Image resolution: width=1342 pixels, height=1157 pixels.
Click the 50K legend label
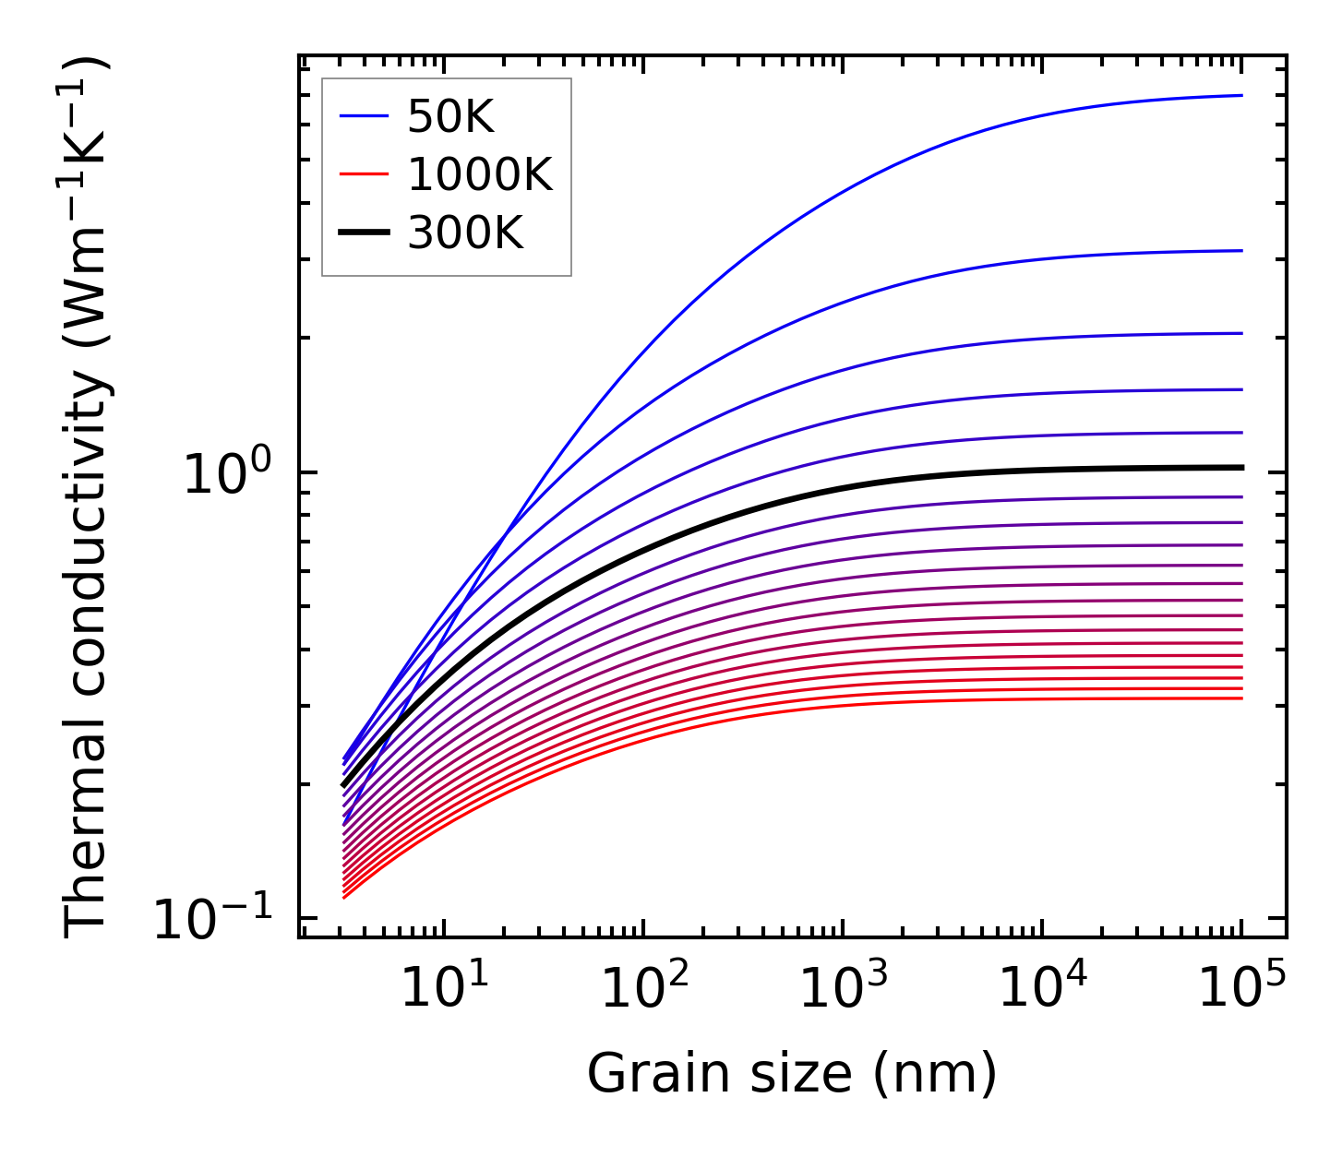click(x=450, y=117)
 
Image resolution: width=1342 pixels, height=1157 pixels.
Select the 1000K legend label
click(x=480, y=175)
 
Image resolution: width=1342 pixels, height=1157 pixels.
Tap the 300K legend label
click(x=465, y=234)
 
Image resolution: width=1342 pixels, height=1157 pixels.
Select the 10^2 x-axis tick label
click(x=643, y=989)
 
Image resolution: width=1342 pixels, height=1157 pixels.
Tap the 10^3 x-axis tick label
click(x=843, y=989)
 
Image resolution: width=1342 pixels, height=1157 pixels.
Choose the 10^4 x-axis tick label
click(x=1042, y=989)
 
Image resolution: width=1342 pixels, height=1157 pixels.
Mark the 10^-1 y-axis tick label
click(x=214, y=919)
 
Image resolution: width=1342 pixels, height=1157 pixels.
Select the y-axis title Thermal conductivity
click(x=88, y=496)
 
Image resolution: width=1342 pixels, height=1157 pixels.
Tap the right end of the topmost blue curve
click(x=1241, y=95)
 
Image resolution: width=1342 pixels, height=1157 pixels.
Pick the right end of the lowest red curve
click(x=1241, y=698)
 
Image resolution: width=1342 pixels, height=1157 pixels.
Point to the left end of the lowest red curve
click(x=343, y=897)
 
